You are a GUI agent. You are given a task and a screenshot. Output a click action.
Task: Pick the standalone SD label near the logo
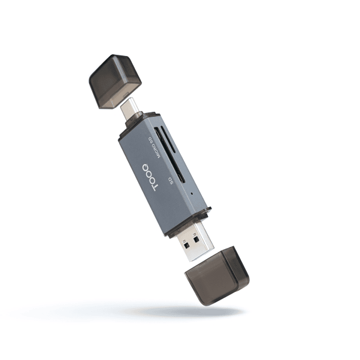172,181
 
